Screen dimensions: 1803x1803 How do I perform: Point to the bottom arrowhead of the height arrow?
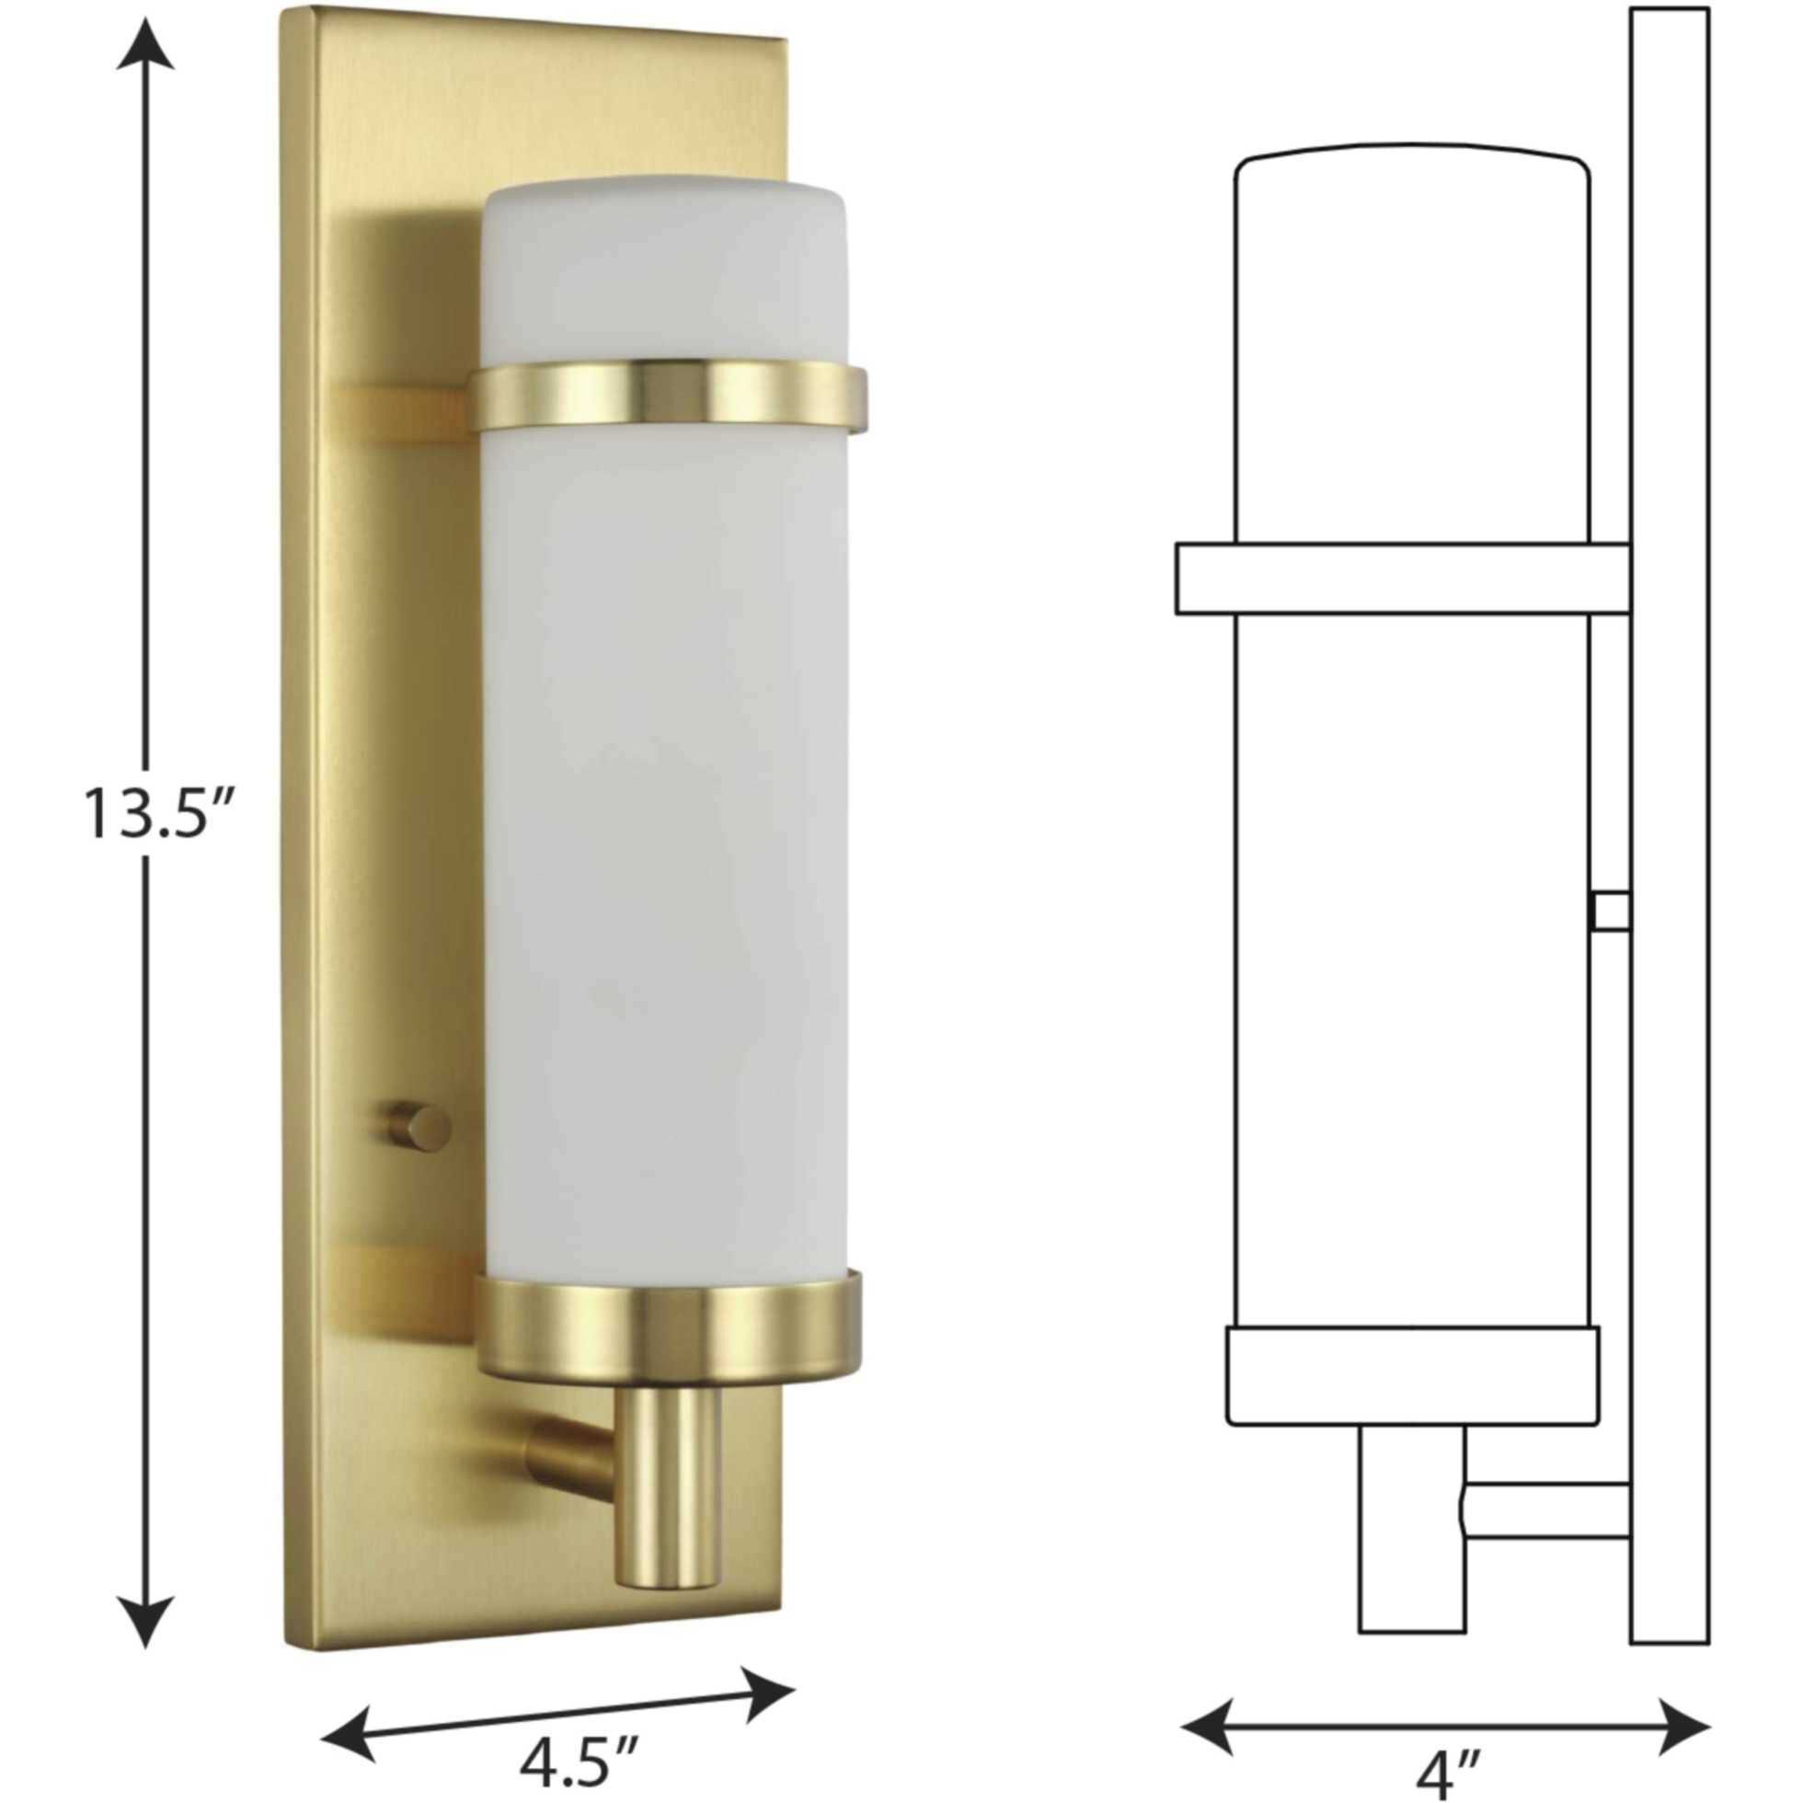tap(145, 1620)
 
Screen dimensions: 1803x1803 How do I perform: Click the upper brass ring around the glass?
tap(666, 396)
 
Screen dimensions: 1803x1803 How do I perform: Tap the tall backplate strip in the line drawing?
tap(1671, 840)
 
